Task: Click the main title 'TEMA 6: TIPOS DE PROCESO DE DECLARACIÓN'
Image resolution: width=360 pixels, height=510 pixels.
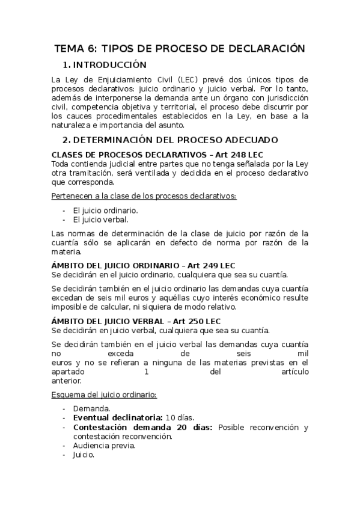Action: coord(180,49)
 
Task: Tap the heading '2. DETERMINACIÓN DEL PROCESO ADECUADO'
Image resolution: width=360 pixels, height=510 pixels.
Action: coord(170,140)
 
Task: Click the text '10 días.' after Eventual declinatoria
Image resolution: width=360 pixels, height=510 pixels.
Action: coord(180,417)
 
